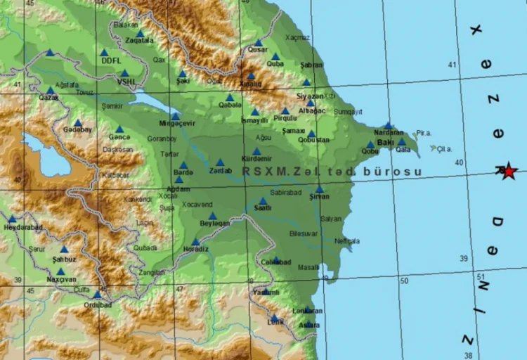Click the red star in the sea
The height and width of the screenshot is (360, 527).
(508, 170)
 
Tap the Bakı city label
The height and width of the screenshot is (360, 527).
(386, 142)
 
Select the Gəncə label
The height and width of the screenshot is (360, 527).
(119, 139)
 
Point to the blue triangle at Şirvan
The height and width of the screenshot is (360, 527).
(319, 188)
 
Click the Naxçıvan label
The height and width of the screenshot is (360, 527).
(60, 279)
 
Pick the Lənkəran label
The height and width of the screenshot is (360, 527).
(307, 310)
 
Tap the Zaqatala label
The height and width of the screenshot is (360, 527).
(139, 41)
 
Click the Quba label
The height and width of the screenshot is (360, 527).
(275, 63)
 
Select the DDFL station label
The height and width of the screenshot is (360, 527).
(112, 60)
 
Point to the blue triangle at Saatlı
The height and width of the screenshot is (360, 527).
(263, 200)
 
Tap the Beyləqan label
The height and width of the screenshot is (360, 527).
(215, 223)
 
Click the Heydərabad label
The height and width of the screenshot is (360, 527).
(23, 227)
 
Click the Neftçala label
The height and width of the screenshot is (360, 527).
(347, 240)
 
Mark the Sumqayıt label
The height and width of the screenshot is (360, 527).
(348, 111)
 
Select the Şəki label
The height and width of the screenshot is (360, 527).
(183, 81)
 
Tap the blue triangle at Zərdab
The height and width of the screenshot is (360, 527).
(220, 162)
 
